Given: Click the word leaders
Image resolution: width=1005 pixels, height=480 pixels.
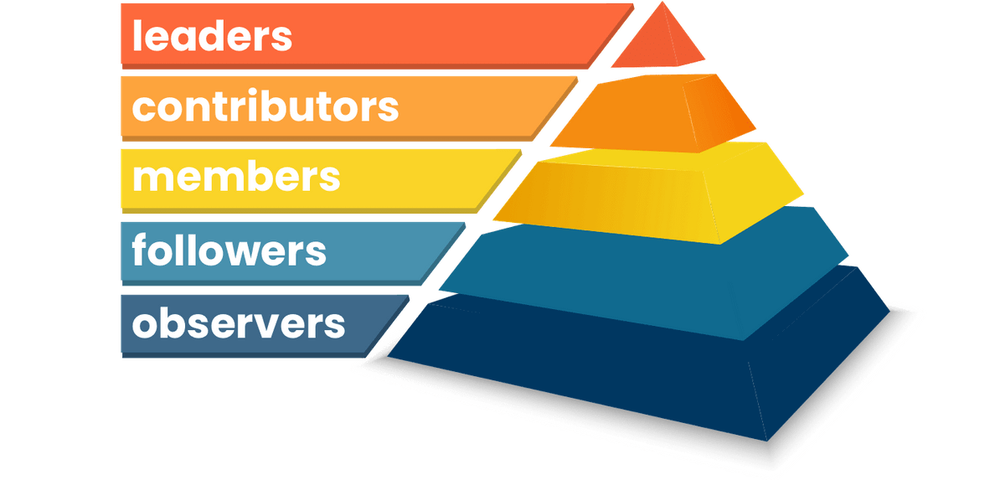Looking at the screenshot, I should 212,36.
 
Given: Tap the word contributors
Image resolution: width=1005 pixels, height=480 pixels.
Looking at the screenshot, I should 265,106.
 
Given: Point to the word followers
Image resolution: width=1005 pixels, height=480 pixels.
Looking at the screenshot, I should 229,250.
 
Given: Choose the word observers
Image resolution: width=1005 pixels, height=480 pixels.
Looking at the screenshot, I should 239,323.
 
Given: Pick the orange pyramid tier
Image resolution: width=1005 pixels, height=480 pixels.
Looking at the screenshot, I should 653,113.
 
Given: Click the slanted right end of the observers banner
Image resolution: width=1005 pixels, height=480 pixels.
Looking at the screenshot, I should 389,323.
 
